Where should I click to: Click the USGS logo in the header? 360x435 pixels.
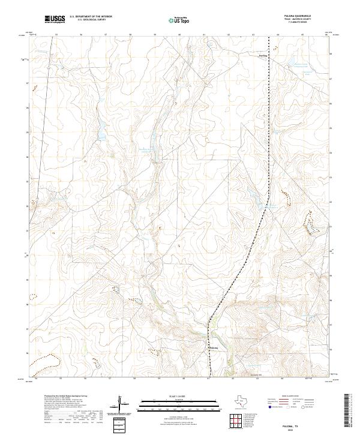55,20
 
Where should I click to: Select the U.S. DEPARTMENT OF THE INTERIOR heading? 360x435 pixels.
91,17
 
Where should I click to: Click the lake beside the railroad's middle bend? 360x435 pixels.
271,207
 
